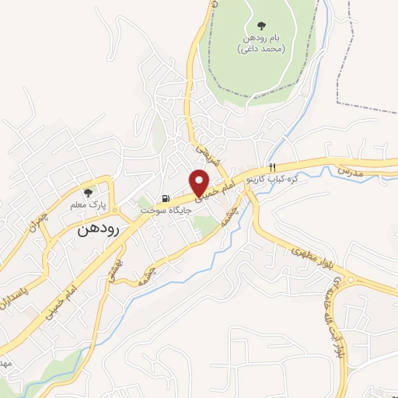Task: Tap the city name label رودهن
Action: point(97,231)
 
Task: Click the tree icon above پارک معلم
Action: point(88,191)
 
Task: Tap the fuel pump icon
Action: point(166,198)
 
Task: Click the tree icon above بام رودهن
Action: point(260,24)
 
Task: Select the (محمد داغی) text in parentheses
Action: point(260,49)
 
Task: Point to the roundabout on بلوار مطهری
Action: point(349,280)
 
